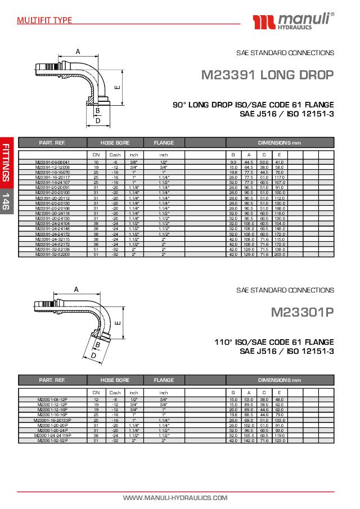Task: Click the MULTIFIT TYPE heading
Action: click(x=44, y=20)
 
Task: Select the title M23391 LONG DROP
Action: click(x=268, y=75)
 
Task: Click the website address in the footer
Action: click(x=175, y=498)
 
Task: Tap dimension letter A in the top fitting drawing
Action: click(x=78, y=52)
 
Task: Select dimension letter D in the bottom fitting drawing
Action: click(x=93, y=355)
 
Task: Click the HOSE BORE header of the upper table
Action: click(x=115, y=143)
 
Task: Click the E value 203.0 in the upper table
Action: click(x=280, y=254)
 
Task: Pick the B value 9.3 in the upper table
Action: click(x=233, y=162)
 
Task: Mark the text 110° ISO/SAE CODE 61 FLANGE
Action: click(x=274, y=342)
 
